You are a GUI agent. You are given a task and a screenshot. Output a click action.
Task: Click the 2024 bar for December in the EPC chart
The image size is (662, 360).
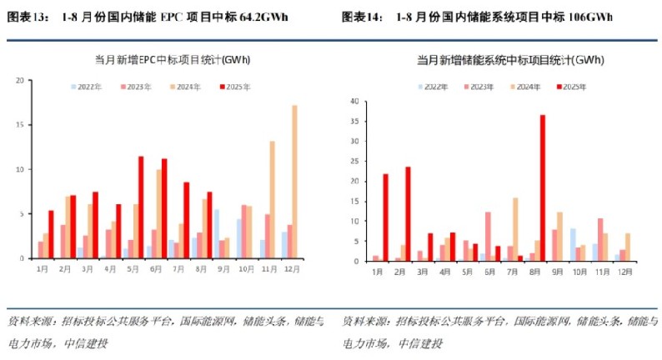(294, 182)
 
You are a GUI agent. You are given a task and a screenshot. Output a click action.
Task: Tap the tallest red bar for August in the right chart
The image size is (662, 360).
(543, 187)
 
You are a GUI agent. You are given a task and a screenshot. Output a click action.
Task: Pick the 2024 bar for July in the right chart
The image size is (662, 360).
(515, 229)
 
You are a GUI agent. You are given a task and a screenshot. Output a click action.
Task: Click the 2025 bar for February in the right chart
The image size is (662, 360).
(408, 214)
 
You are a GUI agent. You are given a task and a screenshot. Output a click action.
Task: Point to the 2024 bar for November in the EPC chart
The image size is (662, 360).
(272, 199)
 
